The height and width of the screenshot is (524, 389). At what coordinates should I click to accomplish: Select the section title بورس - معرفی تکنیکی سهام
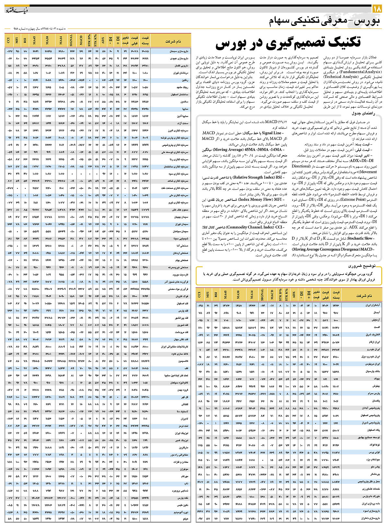[x=324, y=22]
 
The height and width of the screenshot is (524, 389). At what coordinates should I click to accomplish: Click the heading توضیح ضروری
[x=362, y=266]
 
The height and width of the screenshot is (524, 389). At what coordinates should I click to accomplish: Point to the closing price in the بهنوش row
[x=336, y=386]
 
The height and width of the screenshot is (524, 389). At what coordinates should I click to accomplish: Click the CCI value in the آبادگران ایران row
[x=200, y=305]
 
